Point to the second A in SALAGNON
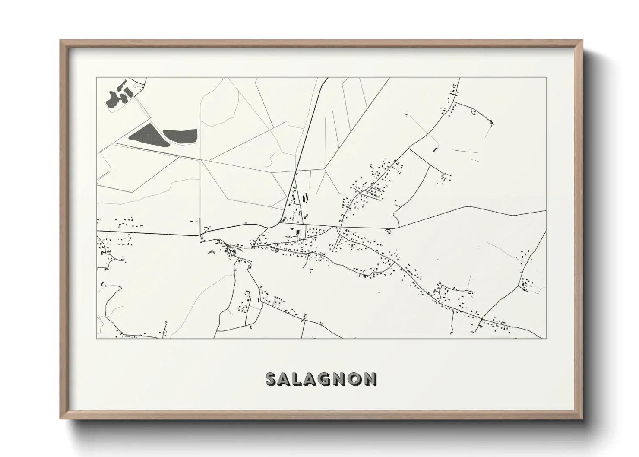click(x=312, y=379)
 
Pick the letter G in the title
click(x=327, y=379)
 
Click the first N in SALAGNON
click(x=341, y=379)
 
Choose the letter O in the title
click(x=356, y=379)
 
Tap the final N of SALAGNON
click(x=370, y=379)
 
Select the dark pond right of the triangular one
click(x=180, y=135)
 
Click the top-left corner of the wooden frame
click(x=60, y=41)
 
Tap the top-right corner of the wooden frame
click(x=582, y=41)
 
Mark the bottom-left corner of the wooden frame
click(x=60, y=419)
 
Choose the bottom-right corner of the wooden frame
click(x=582, y=419)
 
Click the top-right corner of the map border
click(x=547, y=78)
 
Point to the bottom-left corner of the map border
click(x=97, y=338)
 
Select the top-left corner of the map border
click(x=97, y=78)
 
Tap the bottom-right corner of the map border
click(x=547, y=338)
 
